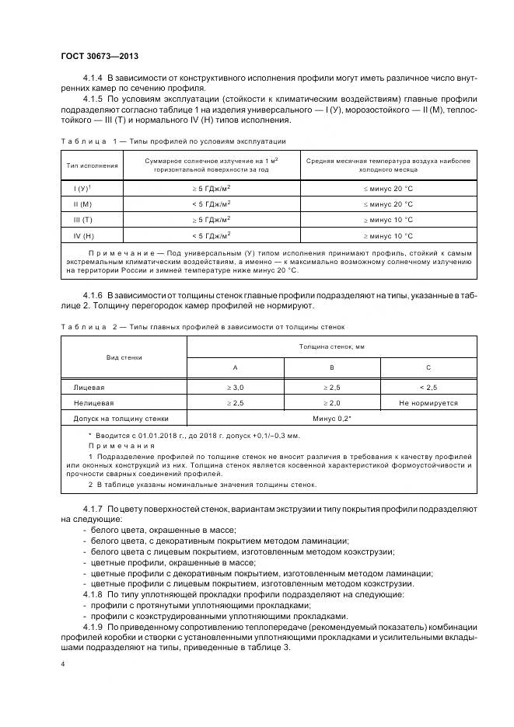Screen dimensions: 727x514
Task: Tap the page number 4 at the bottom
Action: click(62, 665)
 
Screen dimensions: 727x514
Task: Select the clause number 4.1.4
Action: click(93, 79)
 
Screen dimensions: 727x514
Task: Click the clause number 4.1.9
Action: click(93, 625)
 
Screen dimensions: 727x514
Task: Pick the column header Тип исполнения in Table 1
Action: click(93, 165)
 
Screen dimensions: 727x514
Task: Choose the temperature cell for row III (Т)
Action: click(387, 219)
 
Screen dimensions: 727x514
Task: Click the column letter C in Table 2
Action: click(428, 367)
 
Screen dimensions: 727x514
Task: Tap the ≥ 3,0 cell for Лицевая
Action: click(235, 386)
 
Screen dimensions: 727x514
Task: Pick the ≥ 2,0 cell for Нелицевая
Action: click(332, 402)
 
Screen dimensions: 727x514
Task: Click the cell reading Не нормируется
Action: click(428, 402)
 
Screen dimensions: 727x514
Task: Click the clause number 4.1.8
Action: click(93, 594)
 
